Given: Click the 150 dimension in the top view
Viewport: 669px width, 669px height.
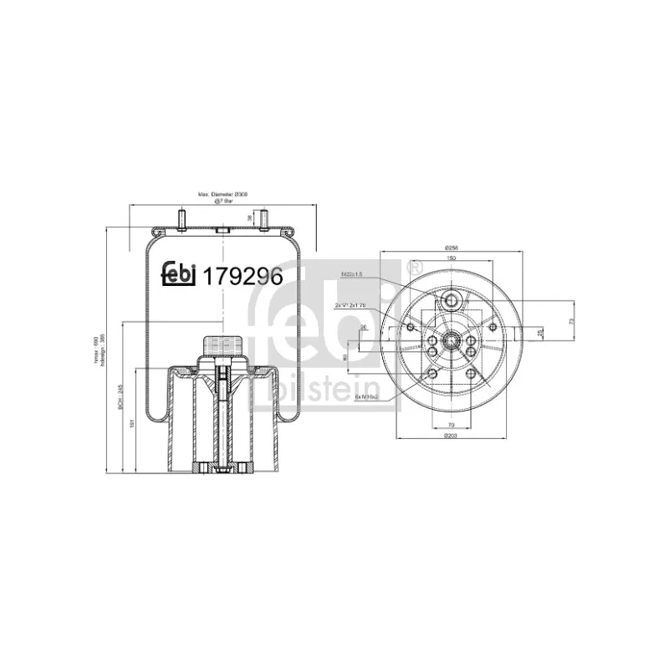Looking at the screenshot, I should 451,259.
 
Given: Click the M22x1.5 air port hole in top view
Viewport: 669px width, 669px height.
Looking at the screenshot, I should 451,300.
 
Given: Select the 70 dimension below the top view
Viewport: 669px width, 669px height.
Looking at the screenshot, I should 450,426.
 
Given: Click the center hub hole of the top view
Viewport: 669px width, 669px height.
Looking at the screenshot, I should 451,340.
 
